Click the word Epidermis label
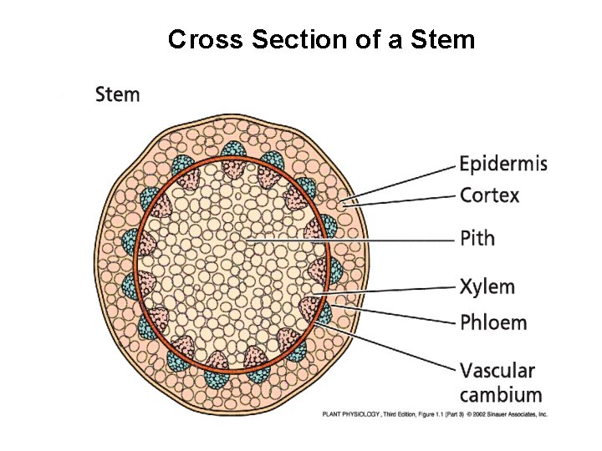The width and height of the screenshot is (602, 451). [503, 164]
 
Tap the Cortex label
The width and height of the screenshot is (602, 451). [489, 196]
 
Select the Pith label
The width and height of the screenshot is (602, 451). [477, 239]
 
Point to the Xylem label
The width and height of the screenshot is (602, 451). [487, 287]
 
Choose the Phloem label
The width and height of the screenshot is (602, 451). [493, 322]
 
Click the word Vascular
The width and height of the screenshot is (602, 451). [497, 370]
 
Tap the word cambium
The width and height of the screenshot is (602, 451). [500, 394]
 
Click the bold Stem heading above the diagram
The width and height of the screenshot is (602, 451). [118, 94]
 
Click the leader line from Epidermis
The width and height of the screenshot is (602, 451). [410, 179]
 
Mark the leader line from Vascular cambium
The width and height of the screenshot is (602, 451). [393, 344]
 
